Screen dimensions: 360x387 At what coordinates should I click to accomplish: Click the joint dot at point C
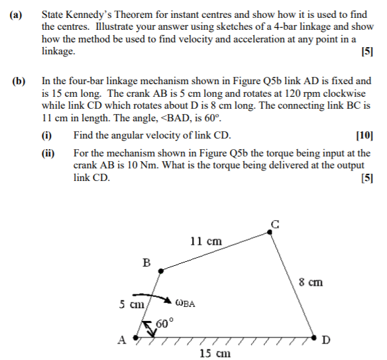(x=270, y=231)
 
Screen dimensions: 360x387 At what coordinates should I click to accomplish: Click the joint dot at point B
(x=162, y=270)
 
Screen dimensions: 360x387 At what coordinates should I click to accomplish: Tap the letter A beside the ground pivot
(x=121, y=341)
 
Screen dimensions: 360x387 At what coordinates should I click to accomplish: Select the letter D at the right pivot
(x=324, y=341)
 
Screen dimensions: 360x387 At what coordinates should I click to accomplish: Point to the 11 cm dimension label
(x=205, y=241)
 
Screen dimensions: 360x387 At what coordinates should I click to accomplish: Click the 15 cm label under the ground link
(x=215, y=353)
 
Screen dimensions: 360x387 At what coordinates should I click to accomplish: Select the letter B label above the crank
(x=146, y=263)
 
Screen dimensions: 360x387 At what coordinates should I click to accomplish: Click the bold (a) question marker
(x=18, y=13)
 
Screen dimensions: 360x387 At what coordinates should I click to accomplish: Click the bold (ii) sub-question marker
(x=48, y=153)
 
